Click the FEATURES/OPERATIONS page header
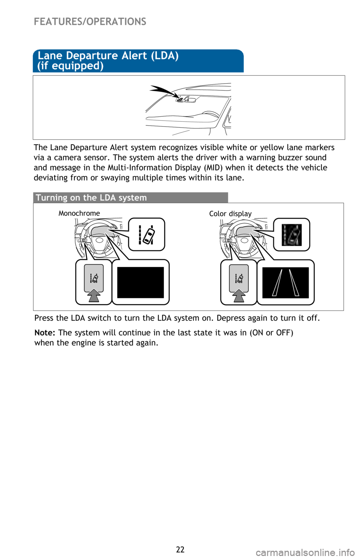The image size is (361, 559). pyautogui.click(x=90, y=21)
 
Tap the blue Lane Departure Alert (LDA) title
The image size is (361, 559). pyautogui.click(x=108, y=60)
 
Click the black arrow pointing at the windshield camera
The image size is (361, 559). pyautogui.click(x=162, y=91)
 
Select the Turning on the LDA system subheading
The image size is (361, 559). pyautogui.click(x=91, y=198)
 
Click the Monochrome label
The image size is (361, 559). pyautogui.click(x=79, y=213)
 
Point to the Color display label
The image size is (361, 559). pyautogui.click(x=230, y=214)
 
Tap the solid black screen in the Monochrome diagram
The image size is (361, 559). pyautogui.click(x=140, y=283)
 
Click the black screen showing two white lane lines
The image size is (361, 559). pyautogui.click(x=285, y=283)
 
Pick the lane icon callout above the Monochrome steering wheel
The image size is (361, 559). pyautogui.click(x=147, y=234)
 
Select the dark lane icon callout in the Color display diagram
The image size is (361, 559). pyautogui.click(x=291, y=235)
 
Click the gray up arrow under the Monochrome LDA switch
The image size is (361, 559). pyautogui.click(x=94, y=295)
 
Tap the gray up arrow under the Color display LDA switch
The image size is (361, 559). pyautogui.click(x=239, y=295)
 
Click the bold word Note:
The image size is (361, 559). pyautogui.click(x=45, y=333)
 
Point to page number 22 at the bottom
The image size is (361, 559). pyautogui.click(x=180, y=549)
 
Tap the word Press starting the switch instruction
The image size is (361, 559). pyautogui.click(x=44, y=318)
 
